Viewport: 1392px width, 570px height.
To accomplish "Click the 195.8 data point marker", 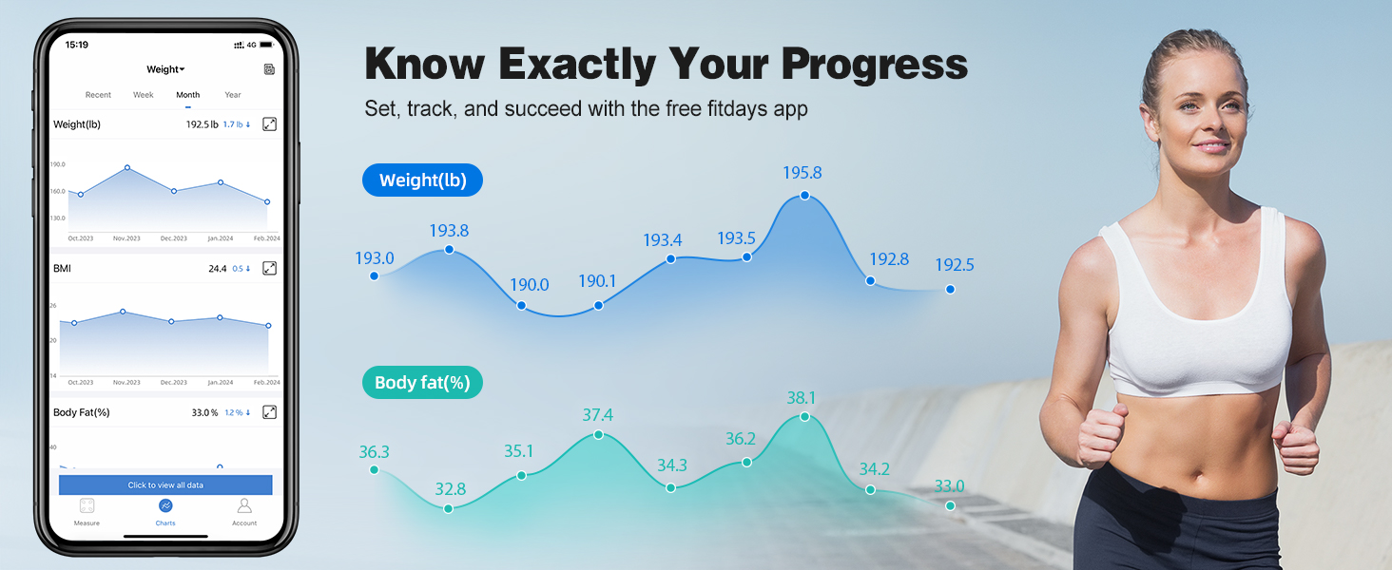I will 804,195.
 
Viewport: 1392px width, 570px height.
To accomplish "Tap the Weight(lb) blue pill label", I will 422,180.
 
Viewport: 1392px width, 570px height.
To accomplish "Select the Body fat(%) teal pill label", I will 422,384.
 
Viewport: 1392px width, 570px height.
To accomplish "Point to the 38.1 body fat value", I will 802,398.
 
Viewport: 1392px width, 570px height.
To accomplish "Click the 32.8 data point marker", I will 449,508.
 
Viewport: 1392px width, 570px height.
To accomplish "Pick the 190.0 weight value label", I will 529,285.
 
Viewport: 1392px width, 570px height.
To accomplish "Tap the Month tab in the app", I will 188,95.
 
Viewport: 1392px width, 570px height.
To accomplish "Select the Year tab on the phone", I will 233,95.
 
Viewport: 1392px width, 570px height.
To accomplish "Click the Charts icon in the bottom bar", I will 165,506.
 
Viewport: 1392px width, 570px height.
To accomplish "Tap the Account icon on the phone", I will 244,506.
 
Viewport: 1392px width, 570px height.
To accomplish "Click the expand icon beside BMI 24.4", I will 269,269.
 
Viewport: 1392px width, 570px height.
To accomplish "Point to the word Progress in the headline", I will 875,65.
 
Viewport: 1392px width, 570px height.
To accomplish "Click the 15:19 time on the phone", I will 76,45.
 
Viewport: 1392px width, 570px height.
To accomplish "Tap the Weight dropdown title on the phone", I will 165,69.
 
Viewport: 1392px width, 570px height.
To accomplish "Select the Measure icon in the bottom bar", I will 87,506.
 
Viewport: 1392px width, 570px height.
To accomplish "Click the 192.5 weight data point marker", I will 950,289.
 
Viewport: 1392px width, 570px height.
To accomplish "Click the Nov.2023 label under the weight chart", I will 126,238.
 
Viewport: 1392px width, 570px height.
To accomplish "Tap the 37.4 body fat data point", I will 598,434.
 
